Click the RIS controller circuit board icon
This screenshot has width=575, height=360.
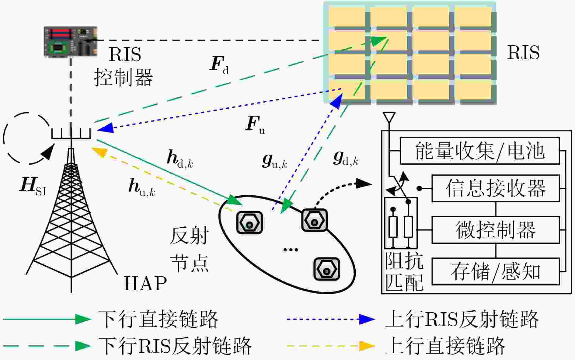click(x=71, y=41)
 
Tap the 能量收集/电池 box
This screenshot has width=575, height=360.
click(x=480, y=151)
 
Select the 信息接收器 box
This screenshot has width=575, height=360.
click(x=496, y=188)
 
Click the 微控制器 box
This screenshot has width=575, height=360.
click(x=496, y=230)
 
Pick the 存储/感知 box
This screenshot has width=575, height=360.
click(x=496, y=271)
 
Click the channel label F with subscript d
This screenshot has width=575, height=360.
click(x=219, y=65)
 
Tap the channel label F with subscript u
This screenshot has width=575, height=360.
click(x=255, y=125)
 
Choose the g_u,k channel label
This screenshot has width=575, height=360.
click(x=275, y=161)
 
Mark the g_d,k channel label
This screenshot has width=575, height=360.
click(x=346, y=158)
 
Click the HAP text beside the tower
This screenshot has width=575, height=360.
click(x=145, y=283)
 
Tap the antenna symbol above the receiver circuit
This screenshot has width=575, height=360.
click(x=389, y=117)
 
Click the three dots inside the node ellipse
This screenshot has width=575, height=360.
click(x=291, y=250)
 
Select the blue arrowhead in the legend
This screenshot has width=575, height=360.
click(x=367, y=319)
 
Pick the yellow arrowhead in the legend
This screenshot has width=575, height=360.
click(x=367, y=346)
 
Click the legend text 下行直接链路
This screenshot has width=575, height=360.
click(x=158, y=319)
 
